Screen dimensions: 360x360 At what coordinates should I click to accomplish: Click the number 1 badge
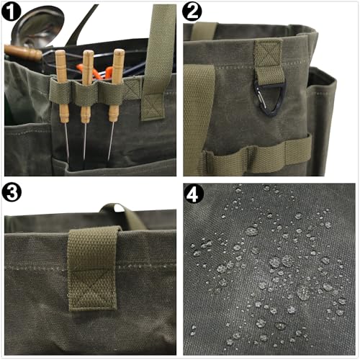point(12,12)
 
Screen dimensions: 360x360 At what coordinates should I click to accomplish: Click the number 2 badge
point(192,12)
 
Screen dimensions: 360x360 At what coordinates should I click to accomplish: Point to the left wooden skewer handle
point(62,86)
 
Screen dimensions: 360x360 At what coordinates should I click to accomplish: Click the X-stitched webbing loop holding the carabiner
point(269,62)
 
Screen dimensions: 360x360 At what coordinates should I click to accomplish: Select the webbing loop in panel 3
point(92,268)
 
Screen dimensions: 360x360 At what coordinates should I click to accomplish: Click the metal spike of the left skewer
point(67,142)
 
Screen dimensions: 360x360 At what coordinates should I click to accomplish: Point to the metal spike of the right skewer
point(110,141)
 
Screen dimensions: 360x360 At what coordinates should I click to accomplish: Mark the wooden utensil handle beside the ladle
point(23,53)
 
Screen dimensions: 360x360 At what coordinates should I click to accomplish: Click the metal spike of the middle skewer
point(85,142)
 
